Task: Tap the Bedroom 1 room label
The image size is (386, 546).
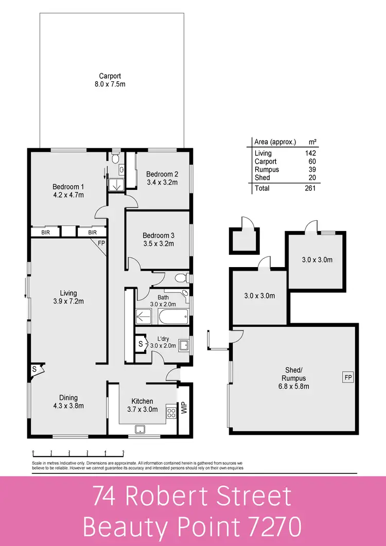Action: pyautogui.click(x=68, y=190)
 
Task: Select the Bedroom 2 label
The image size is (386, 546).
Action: pyautogui.click(x=162, y=178)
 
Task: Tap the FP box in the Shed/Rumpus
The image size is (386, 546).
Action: pyautogui.click(x=347, y=378)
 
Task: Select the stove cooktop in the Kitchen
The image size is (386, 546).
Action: pyautogui.click(x=171, y=411)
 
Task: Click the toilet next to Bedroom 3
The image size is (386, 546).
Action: pyautogui.click(x=180, y=278)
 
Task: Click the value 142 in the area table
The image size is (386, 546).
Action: pyautogui.click(x=310, y=153)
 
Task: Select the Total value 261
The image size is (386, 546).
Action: pyautogui.click(x=310, y=188)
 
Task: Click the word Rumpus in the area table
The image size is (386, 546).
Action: pyautogui.click(x=267, y=169)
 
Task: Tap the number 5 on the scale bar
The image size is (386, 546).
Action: pyautogui.click(x=123, y=453)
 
